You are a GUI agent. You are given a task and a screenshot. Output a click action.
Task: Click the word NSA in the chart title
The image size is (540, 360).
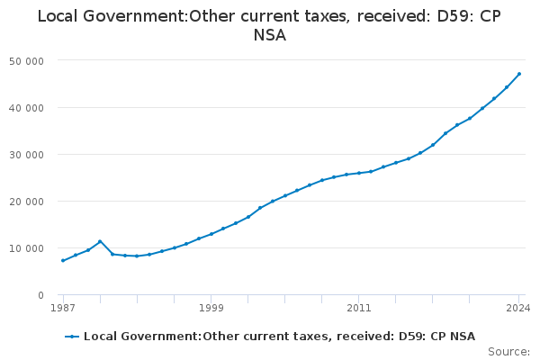pos(269,36)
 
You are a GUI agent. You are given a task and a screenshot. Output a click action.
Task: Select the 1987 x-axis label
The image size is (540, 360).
pos(62,308)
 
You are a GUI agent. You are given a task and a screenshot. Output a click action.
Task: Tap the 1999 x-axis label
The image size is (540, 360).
pos(211,308)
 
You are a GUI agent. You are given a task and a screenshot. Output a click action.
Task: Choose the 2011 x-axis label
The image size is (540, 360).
pos(358,308)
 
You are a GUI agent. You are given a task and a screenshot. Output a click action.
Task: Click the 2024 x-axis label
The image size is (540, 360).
pos(518,308)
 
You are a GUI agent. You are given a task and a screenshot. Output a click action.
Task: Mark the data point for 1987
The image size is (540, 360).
pos(62,261)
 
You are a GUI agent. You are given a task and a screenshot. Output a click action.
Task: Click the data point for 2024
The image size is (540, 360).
pos(519,74)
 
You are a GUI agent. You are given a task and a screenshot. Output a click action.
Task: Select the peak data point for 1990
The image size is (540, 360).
pos(100,241)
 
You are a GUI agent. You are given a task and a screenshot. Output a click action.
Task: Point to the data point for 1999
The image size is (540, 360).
pos(211,234)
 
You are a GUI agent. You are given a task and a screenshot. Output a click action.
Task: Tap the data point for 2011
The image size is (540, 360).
pos(358,173)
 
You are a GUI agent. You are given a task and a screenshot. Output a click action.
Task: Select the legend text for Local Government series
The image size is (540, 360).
pos(279,337)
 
